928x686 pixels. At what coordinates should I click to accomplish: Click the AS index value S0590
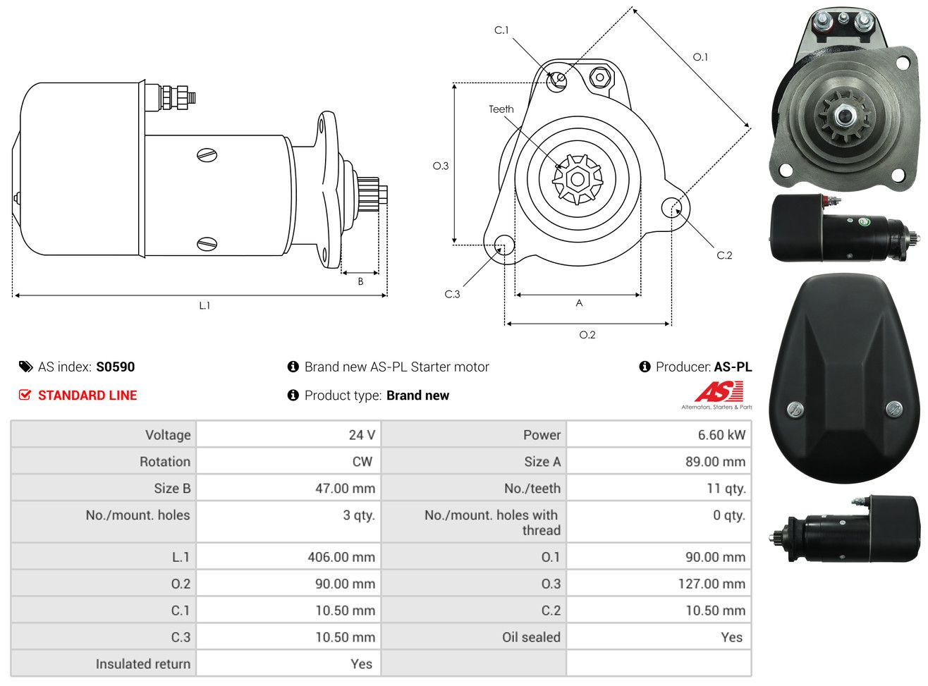coord(115,367)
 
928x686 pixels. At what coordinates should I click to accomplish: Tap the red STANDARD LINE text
coord(87,396)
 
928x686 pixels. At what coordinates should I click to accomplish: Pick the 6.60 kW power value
coord(721,435)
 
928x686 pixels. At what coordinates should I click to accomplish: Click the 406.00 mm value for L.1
coord(341,557)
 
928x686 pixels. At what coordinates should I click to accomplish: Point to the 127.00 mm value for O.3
coord(712,584)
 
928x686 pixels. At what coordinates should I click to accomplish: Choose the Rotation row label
coord(165,462)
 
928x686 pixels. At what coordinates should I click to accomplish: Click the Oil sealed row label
coord(532,637)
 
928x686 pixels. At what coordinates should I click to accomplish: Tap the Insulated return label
coord(143,664)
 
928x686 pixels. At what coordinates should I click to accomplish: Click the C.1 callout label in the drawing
coord(501,30)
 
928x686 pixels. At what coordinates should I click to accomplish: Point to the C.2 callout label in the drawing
coord(724,255)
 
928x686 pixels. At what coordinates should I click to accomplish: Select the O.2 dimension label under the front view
coord(587,335)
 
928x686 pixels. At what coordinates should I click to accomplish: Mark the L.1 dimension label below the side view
coord(204,306)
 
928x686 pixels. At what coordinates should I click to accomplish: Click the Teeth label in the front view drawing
coord(501,109)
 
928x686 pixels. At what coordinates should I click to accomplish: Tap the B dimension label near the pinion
coord(360,281)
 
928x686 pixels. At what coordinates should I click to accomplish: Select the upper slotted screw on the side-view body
coord(207,155)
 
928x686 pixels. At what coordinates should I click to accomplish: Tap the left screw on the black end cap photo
coord(795,408)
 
